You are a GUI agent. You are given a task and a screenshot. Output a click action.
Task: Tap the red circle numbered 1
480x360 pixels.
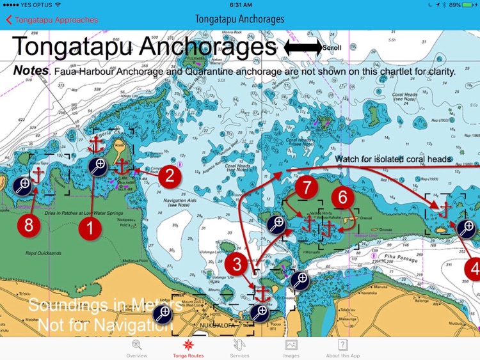[90, 227]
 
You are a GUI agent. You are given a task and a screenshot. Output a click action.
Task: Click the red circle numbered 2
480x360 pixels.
[170, 176]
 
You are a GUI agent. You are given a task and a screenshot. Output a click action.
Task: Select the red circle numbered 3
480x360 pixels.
[237, 262]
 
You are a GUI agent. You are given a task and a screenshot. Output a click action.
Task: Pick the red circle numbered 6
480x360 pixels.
[343, 197]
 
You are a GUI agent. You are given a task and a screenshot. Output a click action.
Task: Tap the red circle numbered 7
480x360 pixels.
[308, 188]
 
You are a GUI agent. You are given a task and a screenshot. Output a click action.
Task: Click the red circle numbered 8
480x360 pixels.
[28, 224]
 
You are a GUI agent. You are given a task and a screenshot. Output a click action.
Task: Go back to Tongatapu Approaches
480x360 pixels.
[52, 20]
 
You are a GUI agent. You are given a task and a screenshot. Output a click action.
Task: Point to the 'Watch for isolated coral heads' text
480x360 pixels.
[394, 159]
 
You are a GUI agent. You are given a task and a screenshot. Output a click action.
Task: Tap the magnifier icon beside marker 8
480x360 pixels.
[21, 185]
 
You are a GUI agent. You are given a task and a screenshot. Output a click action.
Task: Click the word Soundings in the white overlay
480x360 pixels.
[63, 306]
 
